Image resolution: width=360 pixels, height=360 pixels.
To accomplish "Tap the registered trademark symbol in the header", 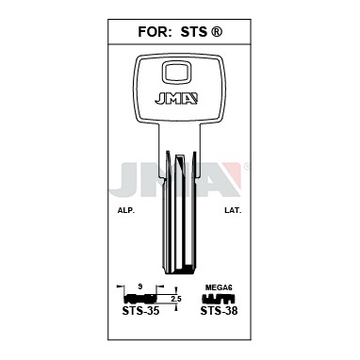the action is point(217,32).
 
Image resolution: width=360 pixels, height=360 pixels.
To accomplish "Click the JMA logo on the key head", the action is point(176,98).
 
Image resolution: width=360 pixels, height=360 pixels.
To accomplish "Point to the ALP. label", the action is point(126,211).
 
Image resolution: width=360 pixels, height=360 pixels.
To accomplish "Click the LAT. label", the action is point(233,211).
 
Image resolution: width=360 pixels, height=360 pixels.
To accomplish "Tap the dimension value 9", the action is point(140,286).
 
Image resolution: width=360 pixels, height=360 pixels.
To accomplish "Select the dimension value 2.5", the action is point(176,299).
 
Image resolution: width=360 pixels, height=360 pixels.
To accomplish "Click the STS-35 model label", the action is point(140,311).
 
